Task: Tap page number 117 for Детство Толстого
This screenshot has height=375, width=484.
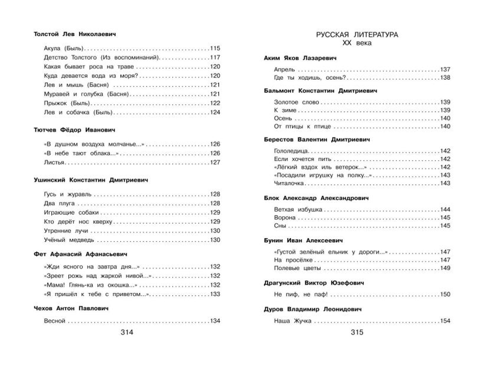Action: [215, 58]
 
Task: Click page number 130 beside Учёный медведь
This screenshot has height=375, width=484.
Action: [215, 240]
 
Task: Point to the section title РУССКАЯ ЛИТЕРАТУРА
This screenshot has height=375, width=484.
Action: [357, 35]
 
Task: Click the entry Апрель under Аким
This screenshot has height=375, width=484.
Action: [284, 70]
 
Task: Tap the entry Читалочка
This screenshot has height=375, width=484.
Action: [288, 184]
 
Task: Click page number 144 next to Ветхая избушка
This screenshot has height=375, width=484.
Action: [445, 209]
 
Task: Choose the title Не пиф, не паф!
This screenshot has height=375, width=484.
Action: [301, 294]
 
